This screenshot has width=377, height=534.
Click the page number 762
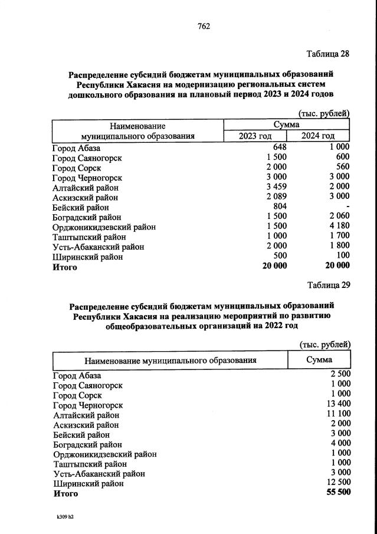(204, 26)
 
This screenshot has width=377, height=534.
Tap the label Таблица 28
(328, 54)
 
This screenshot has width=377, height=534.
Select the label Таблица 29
(329, 285)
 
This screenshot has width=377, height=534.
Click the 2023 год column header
(255, 136)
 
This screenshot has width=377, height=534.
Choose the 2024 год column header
(318, 136)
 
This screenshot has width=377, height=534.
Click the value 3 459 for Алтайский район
(276, 186)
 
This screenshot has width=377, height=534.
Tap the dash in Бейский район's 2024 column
(348, 207)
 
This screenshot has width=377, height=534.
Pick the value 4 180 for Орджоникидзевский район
(337, 227)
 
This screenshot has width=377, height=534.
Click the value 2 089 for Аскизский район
(276, 196)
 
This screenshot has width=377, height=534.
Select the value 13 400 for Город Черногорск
(337, 405)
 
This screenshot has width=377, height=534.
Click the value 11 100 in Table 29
(337, 415)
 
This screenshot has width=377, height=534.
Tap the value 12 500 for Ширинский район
(337, 483)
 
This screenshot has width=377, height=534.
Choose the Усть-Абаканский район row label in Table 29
(98, 473)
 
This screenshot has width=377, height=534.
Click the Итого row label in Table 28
(65, 267)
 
